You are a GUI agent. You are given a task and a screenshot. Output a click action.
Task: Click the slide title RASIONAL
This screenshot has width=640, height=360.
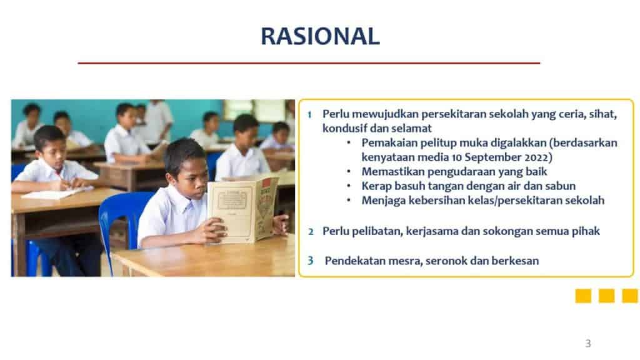click(321, 36)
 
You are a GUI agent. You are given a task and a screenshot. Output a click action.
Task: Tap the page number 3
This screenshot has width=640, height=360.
click(587, 343)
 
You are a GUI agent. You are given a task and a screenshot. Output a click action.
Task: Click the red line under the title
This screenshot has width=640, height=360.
click(309, 63)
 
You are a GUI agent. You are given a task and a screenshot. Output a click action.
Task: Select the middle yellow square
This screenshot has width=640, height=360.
click(606, 296)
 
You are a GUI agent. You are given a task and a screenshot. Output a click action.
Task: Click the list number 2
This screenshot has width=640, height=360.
click(311, 232)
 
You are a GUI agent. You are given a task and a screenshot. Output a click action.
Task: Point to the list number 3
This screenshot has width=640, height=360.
click(311, 261)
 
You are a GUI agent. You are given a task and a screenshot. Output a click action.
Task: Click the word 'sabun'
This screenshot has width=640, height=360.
click(561, 186)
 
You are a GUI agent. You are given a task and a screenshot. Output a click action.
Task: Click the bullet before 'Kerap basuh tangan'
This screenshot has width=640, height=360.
click(349, 186)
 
